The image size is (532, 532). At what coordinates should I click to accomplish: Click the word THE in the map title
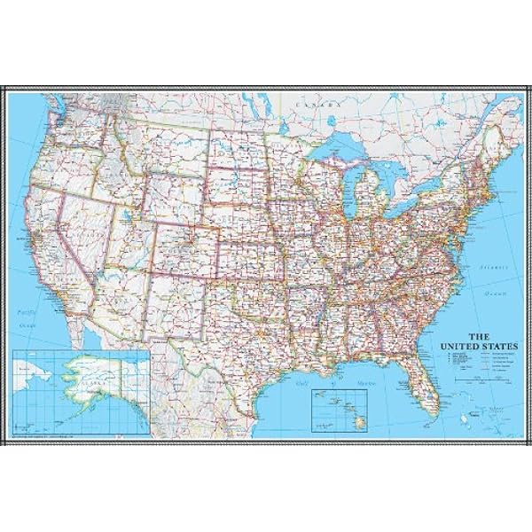pyautogui.click(x=478, y=335)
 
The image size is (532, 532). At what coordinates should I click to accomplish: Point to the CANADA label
pyautogui.click(x=323, y=104)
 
